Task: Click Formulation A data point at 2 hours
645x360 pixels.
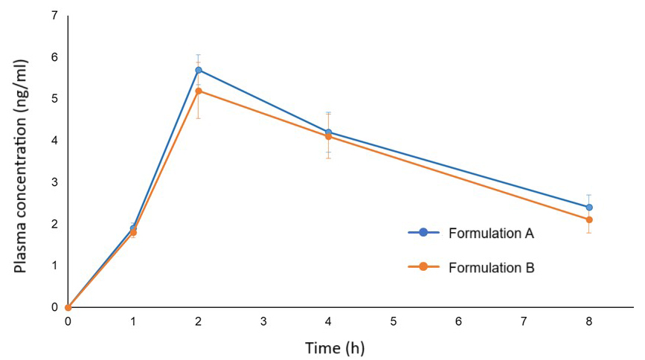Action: [x=198, y=70]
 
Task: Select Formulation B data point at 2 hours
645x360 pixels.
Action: [x=198, y=91]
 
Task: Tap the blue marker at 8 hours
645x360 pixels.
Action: [x=589, y=208]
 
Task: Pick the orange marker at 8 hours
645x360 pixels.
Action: [x=589, y=219]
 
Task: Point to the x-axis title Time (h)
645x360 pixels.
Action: [x=335, y=347]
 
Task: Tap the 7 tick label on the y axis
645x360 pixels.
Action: [x=55, y=16]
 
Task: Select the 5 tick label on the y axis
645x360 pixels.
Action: [x=55, y=99]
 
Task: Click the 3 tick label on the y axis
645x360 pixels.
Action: [x=55, y=182]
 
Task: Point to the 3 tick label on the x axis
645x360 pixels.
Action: [x=263, y=321]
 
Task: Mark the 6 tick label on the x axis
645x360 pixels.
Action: [x=459, y=321]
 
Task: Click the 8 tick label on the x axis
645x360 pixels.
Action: [x=589, y=321]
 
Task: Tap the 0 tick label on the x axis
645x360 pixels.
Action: [x=68, y=321]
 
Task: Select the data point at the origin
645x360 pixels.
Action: [x=68, y=307]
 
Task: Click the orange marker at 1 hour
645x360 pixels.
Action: [x=133, y=233]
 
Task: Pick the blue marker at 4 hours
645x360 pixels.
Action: [x=328, y=132]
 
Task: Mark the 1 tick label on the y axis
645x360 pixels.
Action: [x=55, y=266]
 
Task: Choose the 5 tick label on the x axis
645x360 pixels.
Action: [x=394, y=321]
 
